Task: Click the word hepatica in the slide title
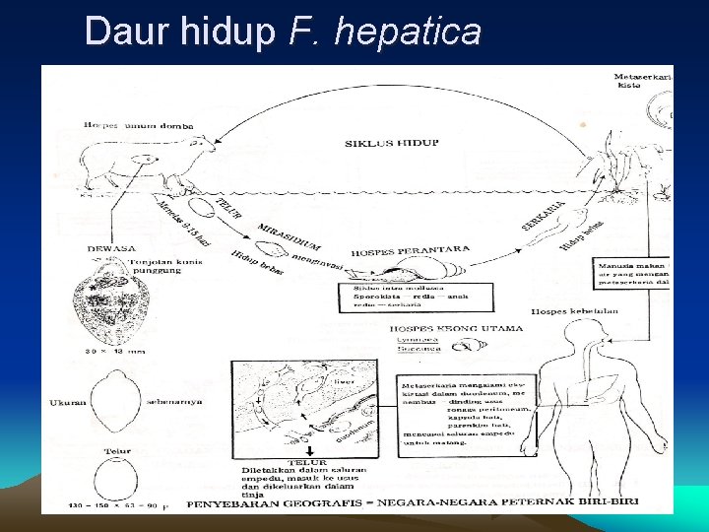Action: pos(408,32)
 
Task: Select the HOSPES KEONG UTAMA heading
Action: pos(437,329)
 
